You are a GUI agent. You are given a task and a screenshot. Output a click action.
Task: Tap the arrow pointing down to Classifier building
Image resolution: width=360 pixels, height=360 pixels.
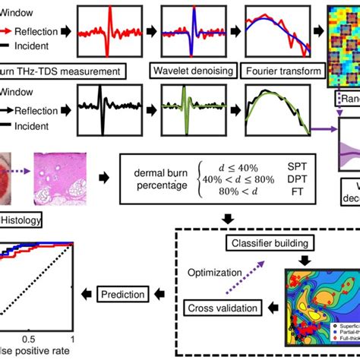227,219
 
